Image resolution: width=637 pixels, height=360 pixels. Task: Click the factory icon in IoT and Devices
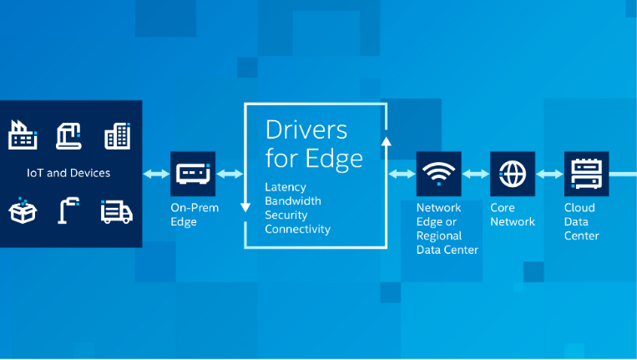click(x=23, y=135)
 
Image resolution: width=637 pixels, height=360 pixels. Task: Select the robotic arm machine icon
click(x=68, y=135)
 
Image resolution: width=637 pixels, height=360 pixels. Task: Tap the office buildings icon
click(x=117, y=135)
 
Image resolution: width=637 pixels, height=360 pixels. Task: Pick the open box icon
click(x=23, y=211)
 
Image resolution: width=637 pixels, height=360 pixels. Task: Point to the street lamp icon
click(x=68, y=211)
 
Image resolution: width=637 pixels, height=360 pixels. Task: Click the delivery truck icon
click(x=116, y=212)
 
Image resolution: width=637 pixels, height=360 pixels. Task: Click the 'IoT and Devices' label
click(x=68, y=174)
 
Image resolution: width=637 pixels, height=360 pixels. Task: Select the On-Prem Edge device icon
click(x=193, y=174)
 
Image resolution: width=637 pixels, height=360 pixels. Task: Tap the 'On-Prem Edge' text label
click(x=193, y=215)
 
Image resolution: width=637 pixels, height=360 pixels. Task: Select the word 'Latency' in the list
click(x=286, y=186)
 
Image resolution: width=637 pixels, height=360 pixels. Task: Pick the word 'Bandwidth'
click(x=292, y=200)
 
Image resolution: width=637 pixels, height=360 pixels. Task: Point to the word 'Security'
click(x=286, y=215)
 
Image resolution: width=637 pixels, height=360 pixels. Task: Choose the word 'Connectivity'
click(x=297, y=229)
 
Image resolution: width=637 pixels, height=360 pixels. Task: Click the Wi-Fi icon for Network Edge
click(x=438, y=174)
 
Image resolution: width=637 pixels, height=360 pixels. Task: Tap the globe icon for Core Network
click(x=512, y=174)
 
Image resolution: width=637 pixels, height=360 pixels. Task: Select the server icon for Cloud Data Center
click(x=586, y=174)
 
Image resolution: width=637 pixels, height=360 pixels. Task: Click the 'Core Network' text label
click(x=513, y=215)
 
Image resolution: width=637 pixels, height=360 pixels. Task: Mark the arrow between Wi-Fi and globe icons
click(x=475, y=174)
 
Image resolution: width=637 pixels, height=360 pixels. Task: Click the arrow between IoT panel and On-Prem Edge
click(x=156, y=174)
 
